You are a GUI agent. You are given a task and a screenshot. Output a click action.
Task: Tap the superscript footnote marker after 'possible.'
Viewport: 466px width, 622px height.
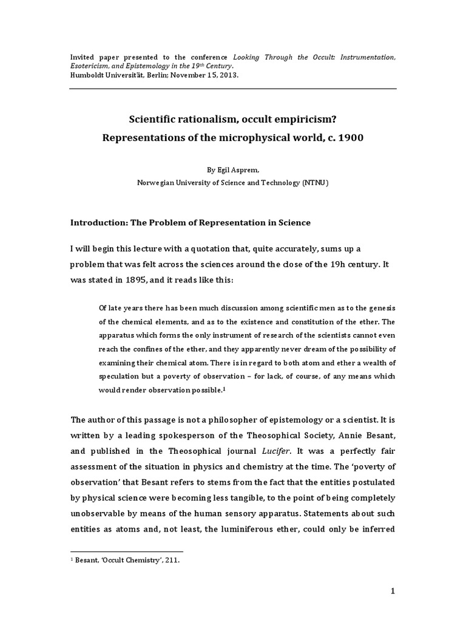pos(225,389)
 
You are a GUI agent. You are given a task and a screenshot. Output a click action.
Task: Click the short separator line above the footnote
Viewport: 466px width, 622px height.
pos(127,552)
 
